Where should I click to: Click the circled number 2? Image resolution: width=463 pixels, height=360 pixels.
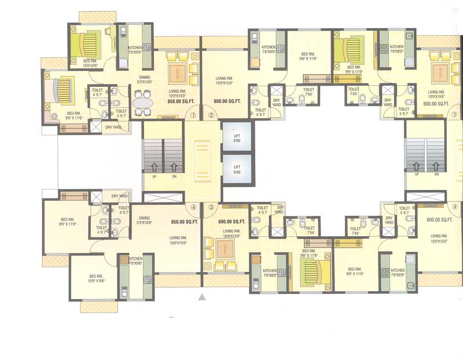click(211, 115)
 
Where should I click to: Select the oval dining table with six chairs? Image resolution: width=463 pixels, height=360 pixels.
click(142, 104)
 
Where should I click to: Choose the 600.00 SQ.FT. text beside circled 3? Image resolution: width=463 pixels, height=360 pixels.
click(231, 222)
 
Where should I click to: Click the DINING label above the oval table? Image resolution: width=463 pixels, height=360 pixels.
click(145, 76)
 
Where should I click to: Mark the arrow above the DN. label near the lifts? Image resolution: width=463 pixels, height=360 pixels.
click(174, 168)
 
